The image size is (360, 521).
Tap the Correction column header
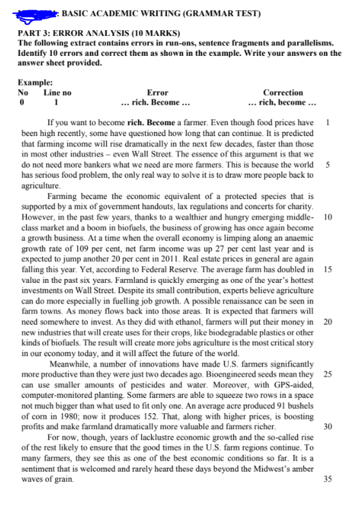coord(283,92)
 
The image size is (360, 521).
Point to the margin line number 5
coord(328,165)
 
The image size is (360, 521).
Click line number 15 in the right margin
coord(328,269)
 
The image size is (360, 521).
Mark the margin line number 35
coord(328,479)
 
